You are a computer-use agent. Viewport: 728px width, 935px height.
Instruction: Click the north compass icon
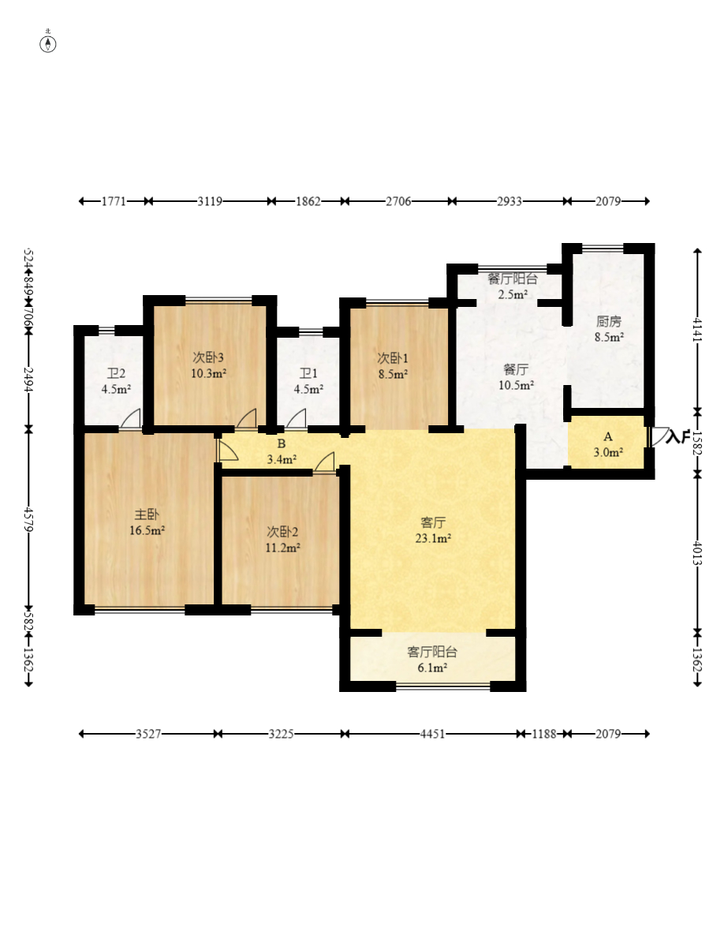tap(48, 43)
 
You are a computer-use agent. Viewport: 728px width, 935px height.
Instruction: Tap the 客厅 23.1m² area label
tap(433, 530)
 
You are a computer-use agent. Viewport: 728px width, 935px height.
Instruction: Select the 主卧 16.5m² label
tap(147, 522)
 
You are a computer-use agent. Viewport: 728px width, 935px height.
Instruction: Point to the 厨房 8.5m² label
tap(609, 329)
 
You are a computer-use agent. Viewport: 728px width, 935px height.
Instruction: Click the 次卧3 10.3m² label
tap(208, 365)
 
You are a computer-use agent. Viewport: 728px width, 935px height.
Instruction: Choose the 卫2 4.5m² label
tap(116, 382)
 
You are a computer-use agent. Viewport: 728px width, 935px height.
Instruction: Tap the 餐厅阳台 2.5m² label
tap(513, 286)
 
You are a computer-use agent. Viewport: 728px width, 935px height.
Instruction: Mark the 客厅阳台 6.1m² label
tap(432, 660)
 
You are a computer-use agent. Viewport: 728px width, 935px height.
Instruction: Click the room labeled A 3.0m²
tap(607, 445)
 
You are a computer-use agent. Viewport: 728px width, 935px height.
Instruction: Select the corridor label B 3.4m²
tap(282, 451)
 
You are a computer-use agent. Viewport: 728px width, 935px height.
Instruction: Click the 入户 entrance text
tap(678, 437)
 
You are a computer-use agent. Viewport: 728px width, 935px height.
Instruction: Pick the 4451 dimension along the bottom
tap(432, 734)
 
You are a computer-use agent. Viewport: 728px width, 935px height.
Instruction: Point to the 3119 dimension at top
tap(210, 201)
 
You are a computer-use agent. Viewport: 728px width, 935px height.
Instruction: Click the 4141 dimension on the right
tap(697, 331)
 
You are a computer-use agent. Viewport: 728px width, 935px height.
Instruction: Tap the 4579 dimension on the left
tap(28, 518)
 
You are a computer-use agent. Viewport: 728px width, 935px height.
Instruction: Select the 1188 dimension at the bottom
tap(543, 734)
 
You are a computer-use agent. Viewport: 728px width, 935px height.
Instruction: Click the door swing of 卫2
tap(131, 419)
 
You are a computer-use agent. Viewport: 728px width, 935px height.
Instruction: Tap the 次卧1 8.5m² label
tap(393, 366)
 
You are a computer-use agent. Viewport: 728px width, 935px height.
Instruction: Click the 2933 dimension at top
tap(510, 201)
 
